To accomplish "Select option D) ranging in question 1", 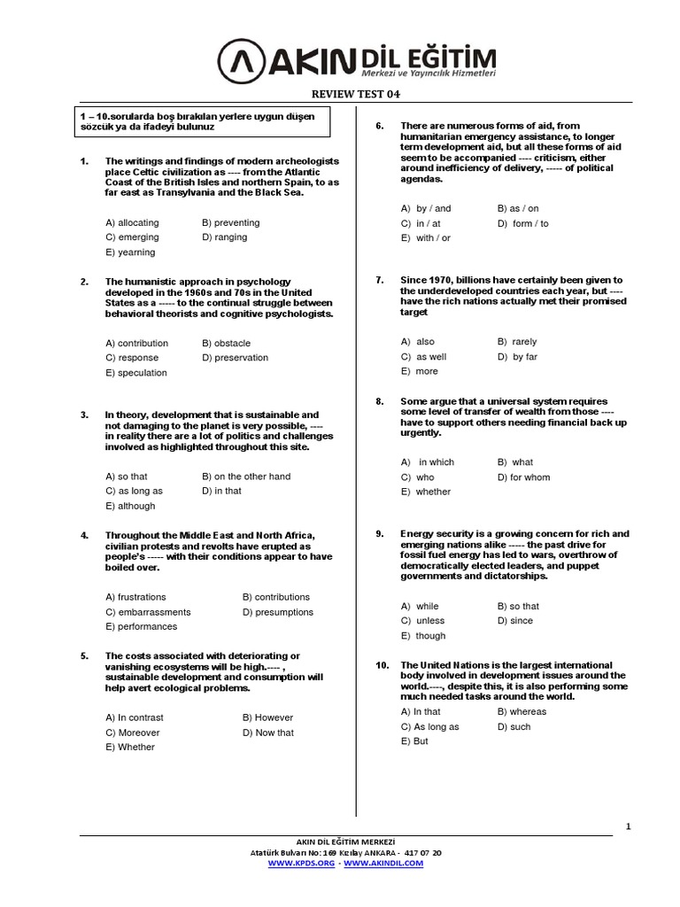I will pyautogui.click(x=224, y=237).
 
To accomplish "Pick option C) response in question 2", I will pyautogui.click(x=132, y=358).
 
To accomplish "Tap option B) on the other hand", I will pyautogui.click(x=246, y=477).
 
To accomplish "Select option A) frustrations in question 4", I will pyautogui.click(x=135, y=597).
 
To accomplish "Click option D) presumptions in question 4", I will pyautogui.click(x=277, y=612).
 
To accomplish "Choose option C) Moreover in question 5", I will pyautogui.click(x=133, y=733).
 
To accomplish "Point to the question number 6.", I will pyautogui.click(x=379, y=126).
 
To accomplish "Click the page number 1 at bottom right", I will pyautogui.click(x=628, y=826).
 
